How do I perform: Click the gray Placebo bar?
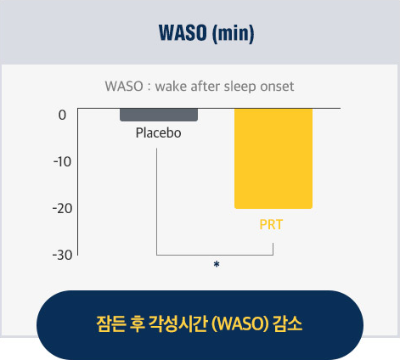[x=159, y=115]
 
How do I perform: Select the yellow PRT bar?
[x=273, y=159]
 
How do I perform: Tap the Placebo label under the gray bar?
[x=159, y=133]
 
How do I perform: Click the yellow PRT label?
[x=271, y=225]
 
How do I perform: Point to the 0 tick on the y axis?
[x=62, y=115]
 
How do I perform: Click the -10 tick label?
[x=62, y=162]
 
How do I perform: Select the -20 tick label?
[x=62, y=209]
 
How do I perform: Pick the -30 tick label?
[x=62, y=256]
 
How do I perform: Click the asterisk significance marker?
[x=217, y=264]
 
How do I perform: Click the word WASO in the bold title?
[x=183, y=33]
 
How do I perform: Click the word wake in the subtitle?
[x=172, y=87]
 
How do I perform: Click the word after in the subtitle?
[x=206, y=87]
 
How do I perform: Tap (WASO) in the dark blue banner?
[x=240, y=323]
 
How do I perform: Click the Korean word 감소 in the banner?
[x=288, y=323]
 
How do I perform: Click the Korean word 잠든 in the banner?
[x=111, y=323]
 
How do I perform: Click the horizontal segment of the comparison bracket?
[x=215, y=255]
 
